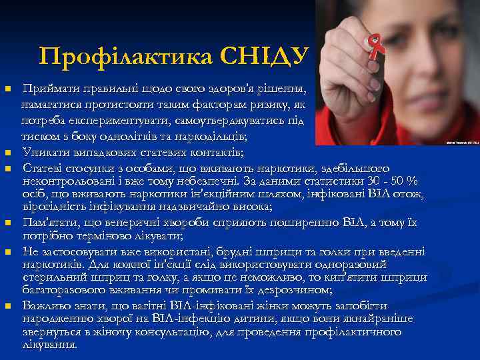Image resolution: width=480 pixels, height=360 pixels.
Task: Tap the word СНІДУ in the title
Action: pyautogui.click(x=261, y=55)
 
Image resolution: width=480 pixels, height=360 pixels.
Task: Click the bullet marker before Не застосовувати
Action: pyautogui.click(x=8, y=252)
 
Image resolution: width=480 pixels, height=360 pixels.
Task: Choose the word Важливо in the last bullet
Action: pyautogui.click(x=44, y=306)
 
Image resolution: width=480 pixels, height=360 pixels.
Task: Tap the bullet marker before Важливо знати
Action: pyautogui.click(x=8, y=306)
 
